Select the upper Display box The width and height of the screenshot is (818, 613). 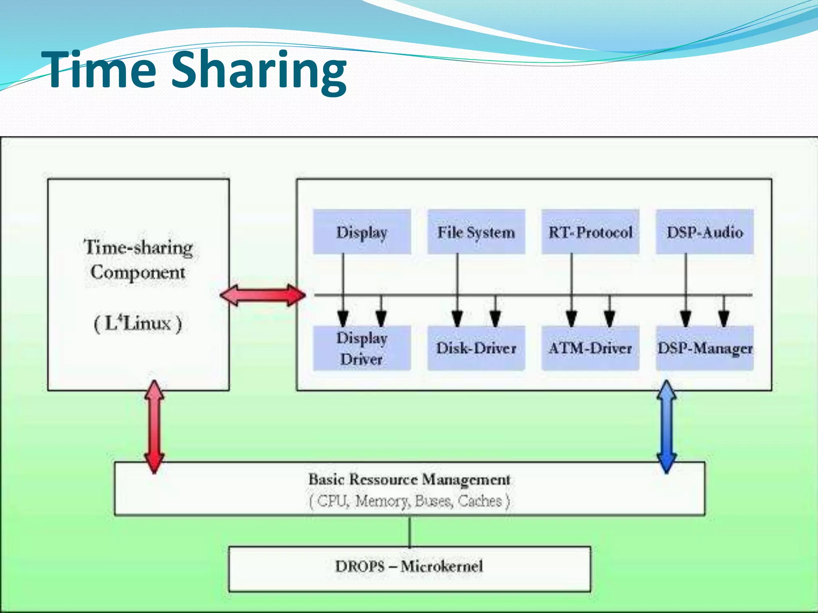pos(362,232)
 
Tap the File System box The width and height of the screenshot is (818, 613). pos(476,232)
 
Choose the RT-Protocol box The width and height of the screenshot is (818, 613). pos(590,232)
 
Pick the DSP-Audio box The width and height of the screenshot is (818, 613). pos(705,232)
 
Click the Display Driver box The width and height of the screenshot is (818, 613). pos(362,348)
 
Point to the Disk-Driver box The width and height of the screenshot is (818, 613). pos(476,348)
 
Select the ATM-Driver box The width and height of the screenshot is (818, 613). pos(590,348)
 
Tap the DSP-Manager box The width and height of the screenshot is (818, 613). pos(705,348)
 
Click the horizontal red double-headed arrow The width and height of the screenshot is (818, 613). pos(263,295)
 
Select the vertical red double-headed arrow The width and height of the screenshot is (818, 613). pos(154,426)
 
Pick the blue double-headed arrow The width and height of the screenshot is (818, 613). pos(667,426)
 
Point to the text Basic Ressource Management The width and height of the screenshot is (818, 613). pos(409,479)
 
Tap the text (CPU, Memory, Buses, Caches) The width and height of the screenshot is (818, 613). pos(409,501)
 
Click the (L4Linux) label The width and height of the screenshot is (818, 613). pos(138,323)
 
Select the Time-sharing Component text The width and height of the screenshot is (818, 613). pos(138,259)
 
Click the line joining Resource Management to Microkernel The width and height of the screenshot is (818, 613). pos(410,531)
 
